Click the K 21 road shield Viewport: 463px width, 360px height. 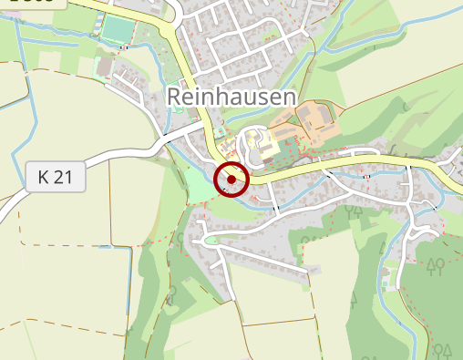coord(56,177)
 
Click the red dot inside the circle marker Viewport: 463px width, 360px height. coord(231,180)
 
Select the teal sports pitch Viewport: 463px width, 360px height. coord(118,30)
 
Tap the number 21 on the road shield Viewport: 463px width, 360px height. coord(64,177)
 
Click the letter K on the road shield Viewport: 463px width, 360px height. coord(44,177)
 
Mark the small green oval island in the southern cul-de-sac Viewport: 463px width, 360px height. coord(211,240)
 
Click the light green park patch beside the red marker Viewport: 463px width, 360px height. coord(200,187)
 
